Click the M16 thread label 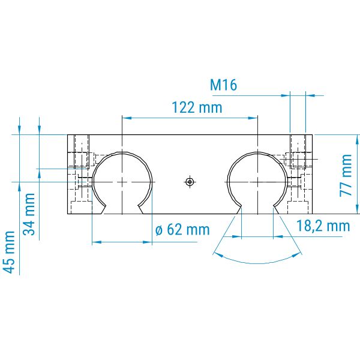(223, 85)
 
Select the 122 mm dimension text (197, 107)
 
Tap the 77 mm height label (346, 175)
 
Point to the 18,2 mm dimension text (323, 226)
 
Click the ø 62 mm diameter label (182, 229)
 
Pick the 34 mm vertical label (29, 214)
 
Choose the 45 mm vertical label (10, 252)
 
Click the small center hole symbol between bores (190, 182)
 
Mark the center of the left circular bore (122, 182)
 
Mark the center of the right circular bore (257, 182)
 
